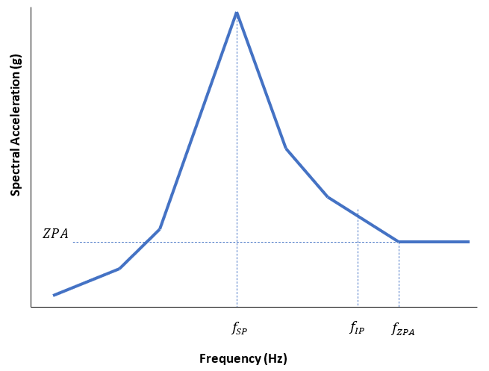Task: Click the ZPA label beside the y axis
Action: [x=55, y=234]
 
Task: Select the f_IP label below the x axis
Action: [x=357, y=328]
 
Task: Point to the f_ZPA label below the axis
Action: [x=402, y=328]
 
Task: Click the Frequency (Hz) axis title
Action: [x=243, y=358]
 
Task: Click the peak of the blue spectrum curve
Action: [x=237, y=13]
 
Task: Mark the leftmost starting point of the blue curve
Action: [x=54, y=295]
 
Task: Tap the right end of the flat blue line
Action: [x=469, y=242]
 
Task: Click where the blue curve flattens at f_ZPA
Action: [x=399, y=242]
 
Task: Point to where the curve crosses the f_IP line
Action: [x=358, y=215]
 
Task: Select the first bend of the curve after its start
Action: [x=119, y=268]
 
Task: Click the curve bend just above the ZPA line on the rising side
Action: [x=159, y=228]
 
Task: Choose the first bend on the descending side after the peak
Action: [x=286, y=149]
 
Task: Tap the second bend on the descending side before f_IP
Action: [x=327, y=197]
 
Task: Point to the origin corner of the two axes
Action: [x=31, y=306]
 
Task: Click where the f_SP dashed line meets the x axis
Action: [x=237, y=306]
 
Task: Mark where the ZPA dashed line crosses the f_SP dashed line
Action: [x=237, y=242]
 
